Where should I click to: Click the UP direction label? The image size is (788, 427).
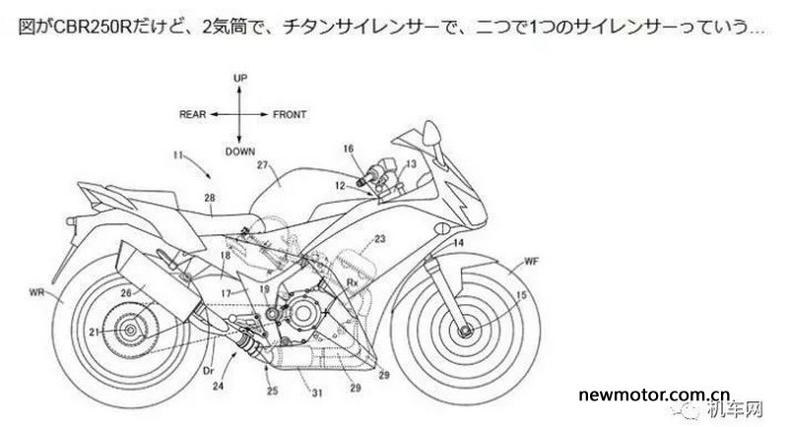tap(240, 78)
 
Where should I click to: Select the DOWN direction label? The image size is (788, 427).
tap(239, 152)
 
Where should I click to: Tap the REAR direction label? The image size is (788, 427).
tap(192, 114)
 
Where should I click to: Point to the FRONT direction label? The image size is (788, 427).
tap(290, 114)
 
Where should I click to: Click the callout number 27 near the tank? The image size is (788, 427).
tap(263, 164)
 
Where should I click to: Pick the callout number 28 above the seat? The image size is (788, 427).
tap(210, 198)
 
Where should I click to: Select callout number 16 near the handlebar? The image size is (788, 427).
tap(349, 149)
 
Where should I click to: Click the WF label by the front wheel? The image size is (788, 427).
tap(532, 261)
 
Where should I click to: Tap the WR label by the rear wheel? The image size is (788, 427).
tap(36, 292)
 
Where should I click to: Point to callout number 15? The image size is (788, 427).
tap(521, 295)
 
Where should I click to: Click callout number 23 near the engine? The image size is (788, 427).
tap(379, 239)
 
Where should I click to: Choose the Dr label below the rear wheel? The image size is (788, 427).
tap(209, 371)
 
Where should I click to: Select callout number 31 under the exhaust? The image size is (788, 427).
tap(317, 393)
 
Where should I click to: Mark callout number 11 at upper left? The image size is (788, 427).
tap(177, 155)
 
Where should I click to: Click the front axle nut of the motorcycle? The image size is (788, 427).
tap(465, 331)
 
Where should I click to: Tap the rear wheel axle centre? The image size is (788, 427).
tap(130, 330)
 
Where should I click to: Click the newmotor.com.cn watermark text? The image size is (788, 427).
tap(654, 395)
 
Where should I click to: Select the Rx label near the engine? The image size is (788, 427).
tap(352, 282)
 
